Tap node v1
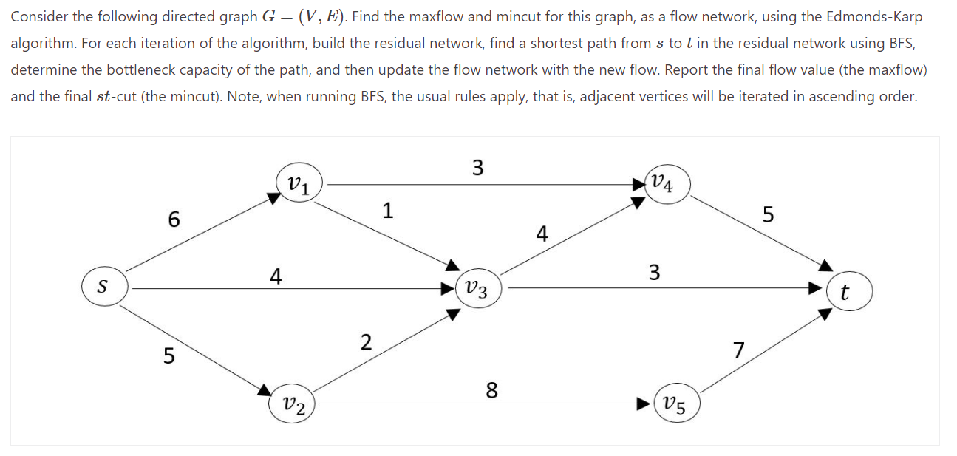click(x=298, y=183)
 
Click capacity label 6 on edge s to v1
click(x=174, y=219)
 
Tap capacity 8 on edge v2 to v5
click(x=491, y=389)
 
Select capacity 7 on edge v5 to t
click(x=739, y=349)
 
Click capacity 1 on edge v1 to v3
click(x=387, y=211)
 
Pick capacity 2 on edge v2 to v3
click(x=366, y=342)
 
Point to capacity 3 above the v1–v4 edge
click(x=477, y=168)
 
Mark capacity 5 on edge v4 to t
click(x=768, y=215)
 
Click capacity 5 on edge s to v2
click(x=168, y=356)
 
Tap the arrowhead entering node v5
click(x=647, y=404)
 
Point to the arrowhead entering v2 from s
click(x=265, y=390)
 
